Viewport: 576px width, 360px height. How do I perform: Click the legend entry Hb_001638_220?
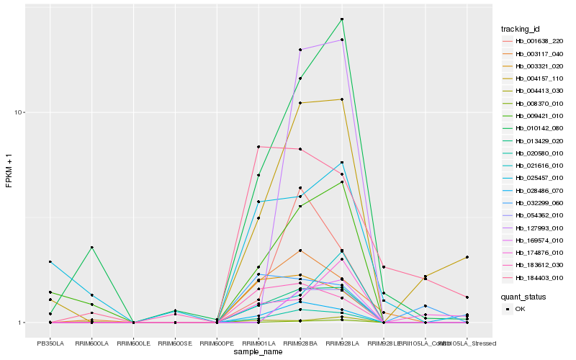pyautogui.click(x=534, y=41)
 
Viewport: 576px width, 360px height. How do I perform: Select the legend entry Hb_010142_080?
pyautogui.click(x=534, y=128)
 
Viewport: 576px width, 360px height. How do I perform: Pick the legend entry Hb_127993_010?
pyautogui.click(x=534, y=228)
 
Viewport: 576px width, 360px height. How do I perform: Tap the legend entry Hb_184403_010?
pyautogui.click(x=534, y=277)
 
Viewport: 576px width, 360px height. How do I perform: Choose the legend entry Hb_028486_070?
pyautogui.click(x=534, y=190)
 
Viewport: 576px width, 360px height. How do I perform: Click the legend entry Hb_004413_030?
pyautogui.click(x=534, y=91)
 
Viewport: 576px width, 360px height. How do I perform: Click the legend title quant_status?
pyautogui.click(x=523, y=296)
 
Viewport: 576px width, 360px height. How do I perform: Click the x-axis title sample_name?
pyautogui.click(x=258, y=352)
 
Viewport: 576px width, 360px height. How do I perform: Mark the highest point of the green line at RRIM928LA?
pyautogui.click(x=342, y=19)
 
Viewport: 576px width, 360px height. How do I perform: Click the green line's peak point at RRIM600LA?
pyautogui.click(x=92, y=248)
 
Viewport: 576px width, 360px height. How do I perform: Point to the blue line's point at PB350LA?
pyautogui.click(x=50, y=262)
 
